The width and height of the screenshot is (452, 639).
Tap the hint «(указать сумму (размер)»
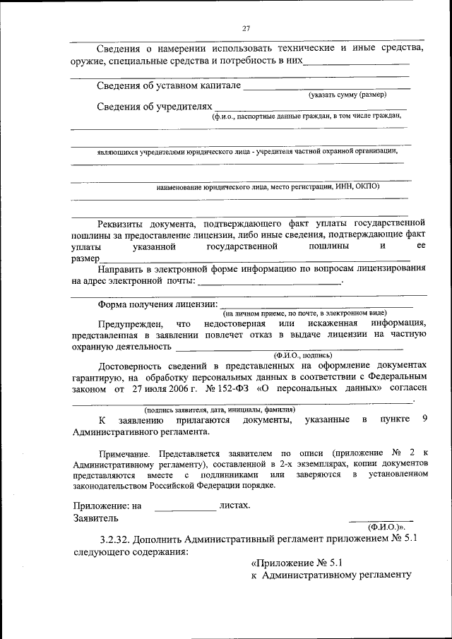pyautogui.click(x=347, y=94)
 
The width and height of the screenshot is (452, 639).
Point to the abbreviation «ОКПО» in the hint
pyautogui.click(x=367, y=186)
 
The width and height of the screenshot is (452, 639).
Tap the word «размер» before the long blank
pyautogui.click(x=85, y=258)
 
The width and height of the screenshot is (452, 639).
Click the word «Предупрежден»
pyautogui.click(x=129, y=323)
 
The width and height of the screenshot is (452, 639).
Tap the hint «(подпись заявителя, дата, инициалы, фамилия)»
pyautogui.click(x=220, y=410)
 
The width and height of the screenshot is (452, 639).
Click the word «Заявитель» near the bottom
pyautogui.click(x=97, y=518)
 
